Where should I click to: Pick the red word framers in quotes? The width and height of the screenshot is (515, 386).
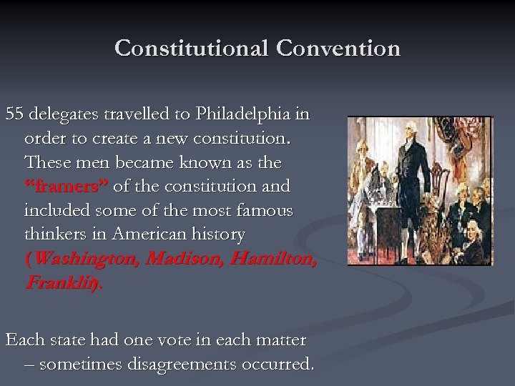65,187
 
